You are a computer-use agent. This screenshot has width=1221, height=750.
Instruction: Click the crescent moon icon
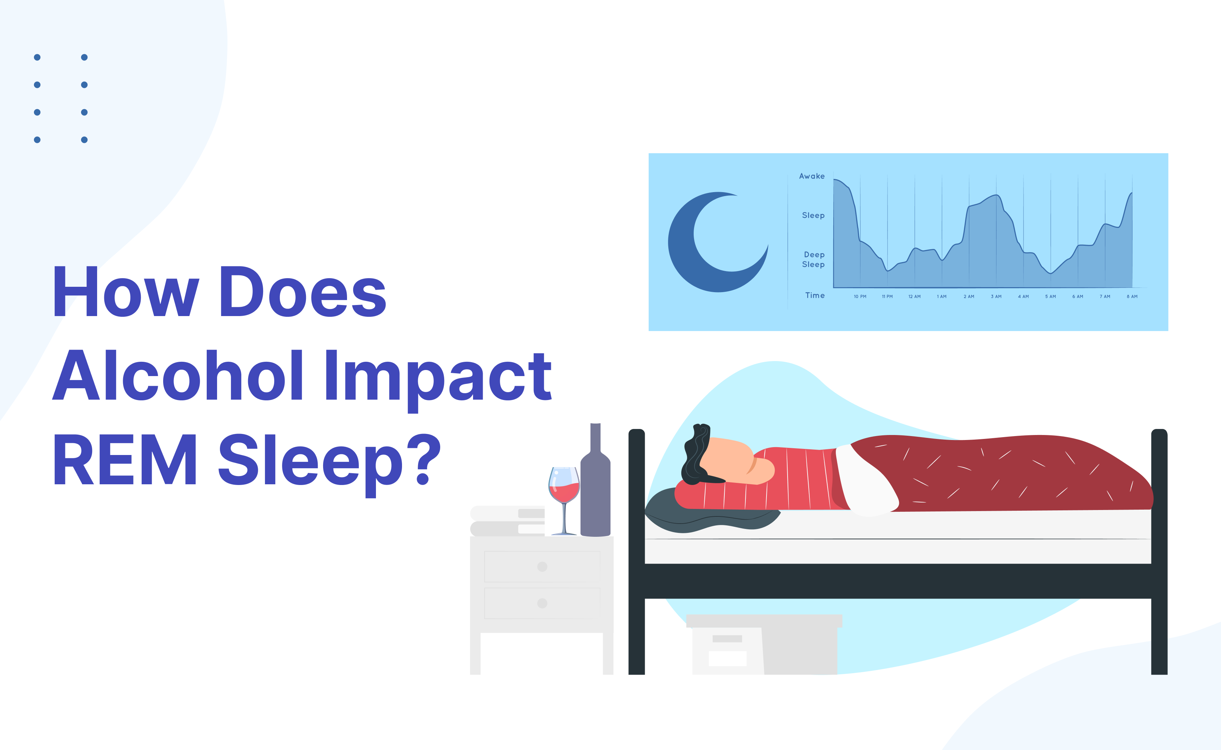pyautogui.click(x=714, y=243)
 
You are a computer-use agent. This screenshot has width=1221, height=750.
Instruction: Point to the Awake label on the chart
pyautogui.click(x=812, y=176)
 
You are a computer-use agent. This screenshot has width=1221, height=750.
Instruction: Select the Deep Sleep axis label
pyautogui.click(x=814, y=259)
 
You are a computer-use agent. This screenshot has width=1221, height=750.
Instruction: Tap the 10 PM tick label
pyautogui.click(x=860, y=297)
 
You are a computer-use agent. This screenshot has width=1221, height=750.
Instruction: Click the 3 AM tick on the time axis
pyautogui.click(x=996, y=297)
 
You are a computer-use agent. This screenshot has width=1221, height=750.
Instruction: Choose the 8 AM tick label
pyautogui.click(x=1132, y=297)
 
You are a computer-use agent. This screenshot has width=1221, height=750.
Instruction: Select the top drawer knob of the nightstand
pyautogui.click(x=542, y=566)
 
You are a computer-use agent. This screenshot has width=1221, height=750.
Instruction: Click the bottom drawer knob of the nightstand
pyautogui.click(x=542, y=603)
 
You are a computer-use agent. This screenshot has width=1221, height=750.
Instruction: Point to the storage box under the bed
pyautogui.click(x=763, y=645)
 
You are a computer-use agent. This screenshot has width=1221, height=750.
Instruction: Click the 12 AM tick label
pyautogui.click(x=914, y=297)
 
